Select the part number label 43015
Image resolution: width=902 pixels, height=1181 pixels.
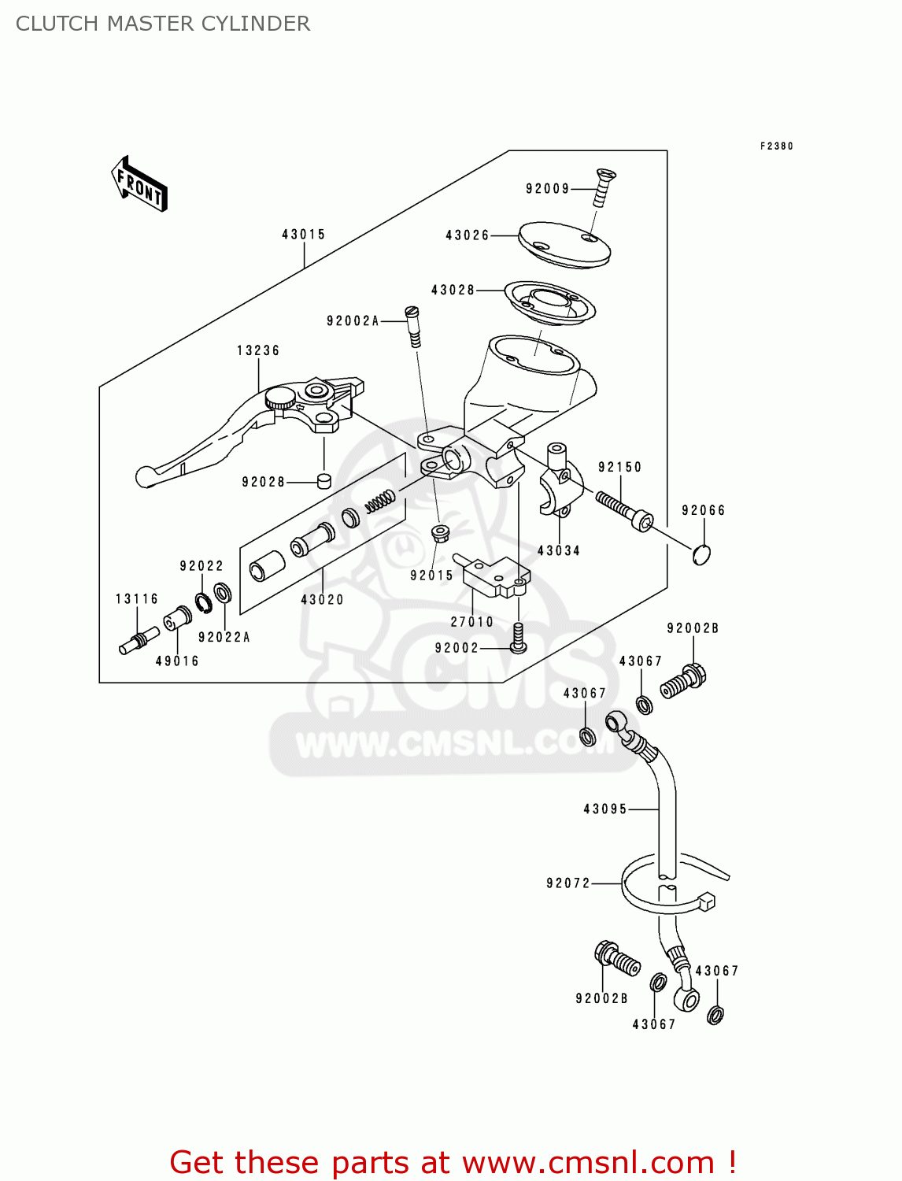(303, 235)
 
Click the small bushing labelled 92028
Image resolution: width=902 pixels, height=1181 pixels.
(323, 481)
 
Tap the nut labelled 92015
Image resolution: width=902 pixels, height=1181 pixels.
(441, 533)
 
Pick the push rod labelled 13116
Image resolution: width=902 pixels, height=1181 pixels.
(134, 642)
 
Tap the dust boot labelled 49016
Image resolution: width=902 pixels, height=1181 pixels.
(178, 619)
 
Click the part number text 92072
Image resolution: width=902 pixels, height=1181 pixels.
(568, 883)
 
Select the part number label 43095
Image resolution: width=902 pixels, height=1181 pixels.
(604, 809)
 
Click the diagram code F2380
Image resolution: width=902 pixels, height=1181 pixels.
(776, 146)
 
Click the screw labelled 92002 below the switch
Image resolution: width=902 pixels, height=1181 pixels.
(518, 638)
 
